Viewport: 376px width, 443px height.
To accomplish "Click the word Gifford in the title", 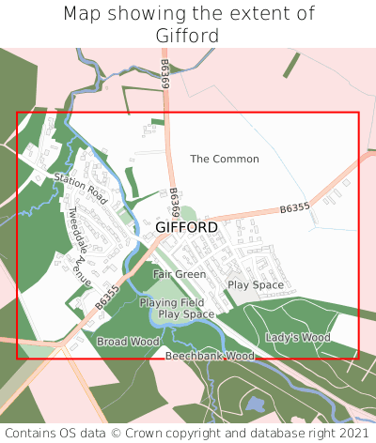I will point(188,36).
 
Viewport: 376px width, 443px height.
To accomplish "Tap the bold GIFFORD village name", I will point(186,227).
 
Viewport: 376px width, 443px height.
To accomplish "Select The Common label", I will point(224,159).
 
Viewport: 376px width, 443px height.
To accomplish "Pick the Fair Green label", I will point(180,274).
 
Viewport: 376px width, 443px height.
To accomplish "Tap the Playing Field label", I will point(172,303).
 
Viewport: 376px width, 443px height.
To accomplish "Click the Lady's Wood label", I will point(298,337).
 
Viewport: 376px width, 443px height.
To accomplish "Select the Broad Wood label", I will point(128,342).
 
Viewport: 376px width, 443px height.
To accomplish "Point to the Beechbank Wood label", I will point(210,357).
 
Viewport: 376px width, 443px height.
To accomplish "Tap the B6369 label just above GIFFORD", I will point(175,202).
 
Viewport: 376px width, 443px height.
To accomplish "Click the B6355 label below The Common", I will point(294,208).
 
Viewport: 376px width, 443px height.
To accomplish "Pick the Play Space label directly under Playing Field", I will point(186,314).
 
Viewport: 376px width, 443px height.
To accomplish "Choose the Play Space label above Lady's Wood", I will point(256,284).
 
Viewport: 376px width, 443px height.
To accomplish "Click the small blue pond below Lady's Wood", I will point(255,405).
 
